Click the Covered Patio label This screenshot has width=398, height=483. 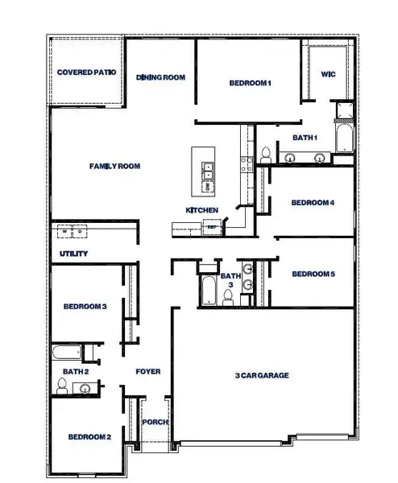click(87, 72)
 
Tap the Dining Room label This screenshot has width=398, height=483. click(161, 77)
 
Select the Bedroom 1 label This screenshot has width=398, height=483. click(250, 83)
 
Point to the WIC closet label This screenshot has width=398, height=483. click(328, 74)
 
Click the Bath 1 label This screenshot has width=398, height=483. click(305, 138)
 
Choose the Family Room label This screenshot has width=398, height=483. click(114, 167)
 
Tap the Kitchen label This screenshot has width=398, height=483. click(201, 210)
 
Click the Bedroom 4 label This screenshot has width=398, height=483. click(313, 202)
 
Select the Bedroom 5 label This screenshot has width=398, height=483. click(313, 275)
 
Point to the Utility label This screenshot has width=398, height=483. click(73, 254)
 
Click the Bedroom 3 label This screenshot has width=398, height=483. click(85, 306)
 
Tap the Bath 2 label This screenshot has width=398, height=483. click(75, 371)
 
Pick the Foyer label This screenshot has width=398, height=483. click(147, 372)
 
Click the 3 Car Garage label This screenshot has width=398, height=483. click(262, 375)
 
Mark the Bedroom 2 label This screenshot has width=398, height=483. click(89, 437)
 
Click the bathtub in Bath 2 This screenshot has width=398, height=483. click(64, 353)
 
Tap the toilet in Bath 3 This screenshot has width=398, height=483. click(229, 298)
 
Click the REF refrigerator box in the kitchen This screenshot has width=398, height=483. click(212, 228)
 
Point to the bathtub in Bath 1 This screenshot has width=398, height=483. click(344, 138)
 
